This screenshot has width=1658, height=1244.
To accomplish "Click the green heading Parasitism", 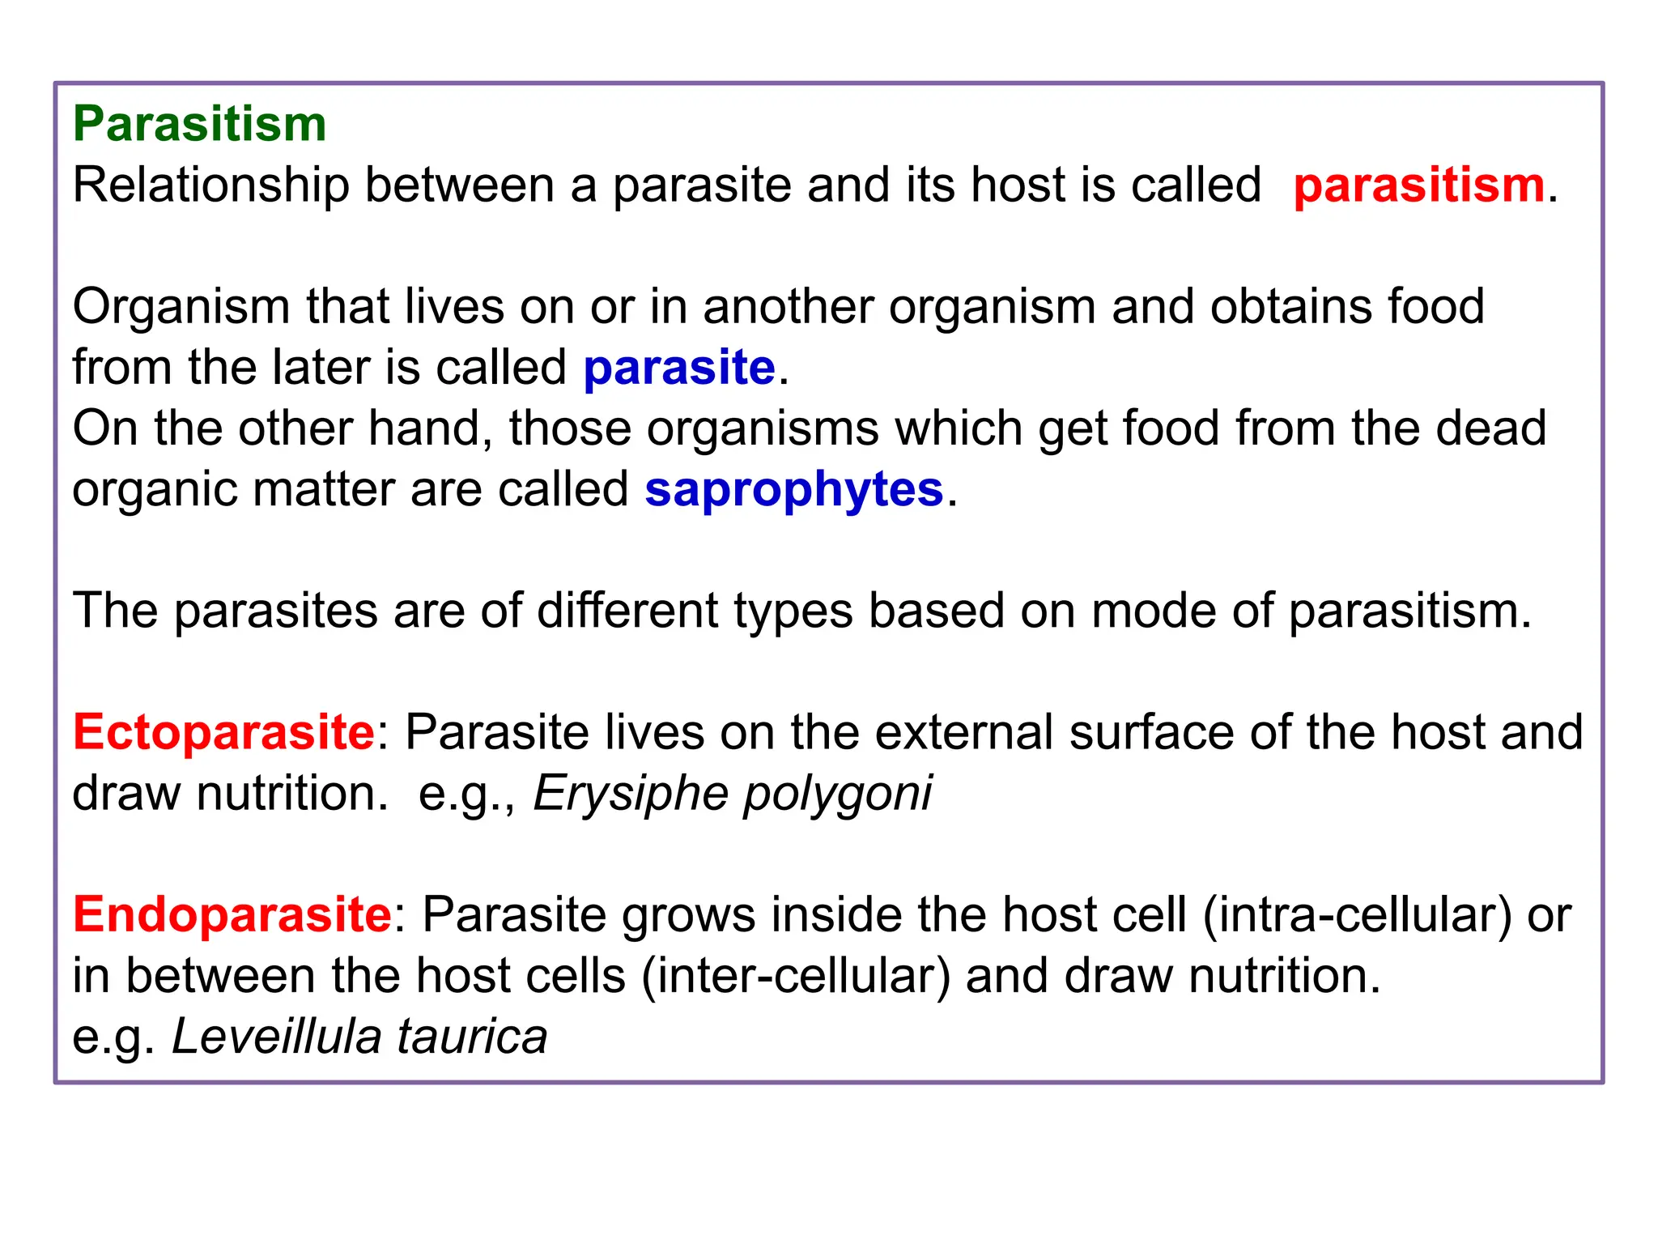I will [199, 125].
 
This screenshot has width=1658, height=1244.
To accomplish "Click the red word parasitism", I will [1419, 185].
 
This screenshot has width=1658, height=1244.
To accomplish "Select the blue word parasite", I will [679, 369].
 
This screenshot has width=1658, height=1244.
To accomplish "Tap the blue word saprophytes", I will [793, 491].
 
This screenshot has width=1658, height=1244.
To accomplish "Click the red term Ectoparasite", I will [223, 732].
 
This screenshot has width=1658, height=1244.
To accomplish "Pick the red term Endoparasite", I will [232, 915].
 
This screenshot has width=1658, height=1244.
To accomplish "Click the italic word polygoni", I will [838, 794].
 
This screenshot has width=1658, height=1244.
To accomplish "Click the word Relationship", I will [210, 185].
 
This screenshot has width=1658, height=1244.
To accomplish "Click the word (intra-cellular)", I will [1357, 915].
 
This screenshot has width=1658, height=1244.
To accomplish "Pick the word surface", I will [1150, 732].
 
